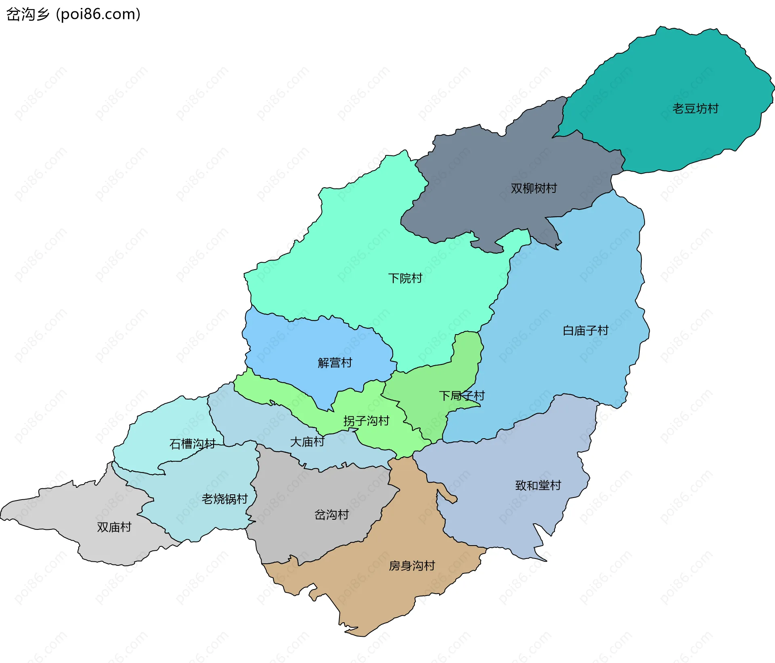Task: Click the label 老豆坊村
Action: pos(695,109)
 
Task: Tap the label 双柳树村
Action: pos(534,188)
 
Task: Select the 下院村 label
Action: pos(405,278)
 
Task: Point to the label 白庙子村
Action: pos(585,331)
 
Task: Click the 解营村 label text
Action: pos(335,363)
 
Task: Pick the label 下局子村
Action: pos(461,396)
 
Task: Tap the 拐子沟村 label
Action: pos(366,421)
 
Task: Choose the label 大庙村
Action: pos(307,442)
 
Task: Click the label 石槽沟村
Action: pos(192,444)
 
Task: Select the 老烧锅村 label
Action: pos(224,499)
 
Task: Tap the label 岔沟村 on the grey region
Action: pos(331,515)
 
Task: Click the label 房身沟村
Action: pos(412,566)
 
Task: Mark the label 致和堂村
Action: pos(538,485)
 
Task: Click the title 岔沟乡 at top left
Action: pos(27,15)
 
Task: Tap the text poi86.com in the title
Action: pos(98,15)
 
